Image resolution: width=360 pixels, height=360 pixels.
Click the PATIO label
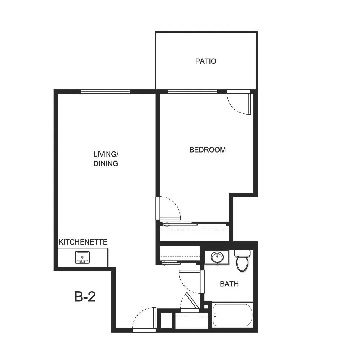point(205,61)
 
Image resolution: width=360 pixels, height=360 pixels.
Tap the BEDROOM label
point(208,150)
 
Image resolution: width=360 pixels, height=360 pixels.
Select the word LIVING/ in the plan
point(105,154)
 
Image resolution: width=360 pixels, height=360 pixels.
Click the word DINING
point(106,163)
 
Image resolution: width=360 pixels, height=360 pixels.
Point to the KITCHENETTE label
point(83,242)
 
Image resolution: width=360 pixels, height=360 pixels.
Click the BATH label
point(229,284)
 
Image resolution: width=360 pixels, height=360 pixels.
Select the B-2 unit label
point(85,296)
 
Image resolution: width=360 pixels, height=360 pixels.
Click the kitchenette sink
point(82,257)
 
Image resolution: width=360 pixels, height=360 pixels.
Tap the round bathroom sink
point(217,257)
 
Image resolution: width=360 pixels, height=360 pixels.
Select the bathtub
point(233,315)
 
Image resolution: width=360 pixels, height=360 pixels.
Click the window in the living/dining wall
point(105,91)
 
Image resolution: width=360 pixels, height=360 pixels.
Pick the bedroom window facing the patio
point(192,91)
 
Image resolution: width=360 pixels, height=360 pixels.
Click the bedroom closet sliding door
point(194,223)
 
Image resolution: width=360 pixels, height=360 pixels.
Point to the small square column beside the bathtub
point(206,307)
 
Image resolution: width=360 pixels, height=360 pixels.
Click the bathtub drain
point(215,315)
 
